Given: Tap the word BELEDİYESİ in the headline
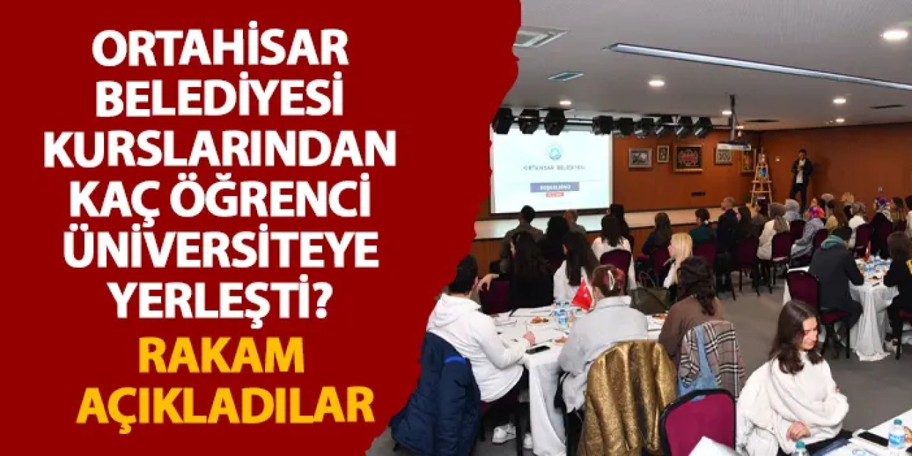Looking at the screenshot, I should coord(220,100).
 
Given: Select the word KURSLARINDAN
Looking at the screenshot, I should coord(220,150).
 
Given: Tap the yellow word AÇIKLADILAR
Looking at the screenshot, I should coord(225,404).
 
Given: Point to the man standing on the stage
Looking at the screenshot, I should coord(802,175).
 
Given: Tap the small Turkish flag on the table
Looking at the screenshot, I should coord(583,295).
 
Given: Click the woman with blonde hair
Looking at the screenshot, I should coord(679,256).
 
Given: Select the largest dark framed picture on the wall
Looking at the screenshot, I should coord(688,157).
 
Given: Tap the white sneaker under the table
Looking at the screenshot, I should coord(503,432).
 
